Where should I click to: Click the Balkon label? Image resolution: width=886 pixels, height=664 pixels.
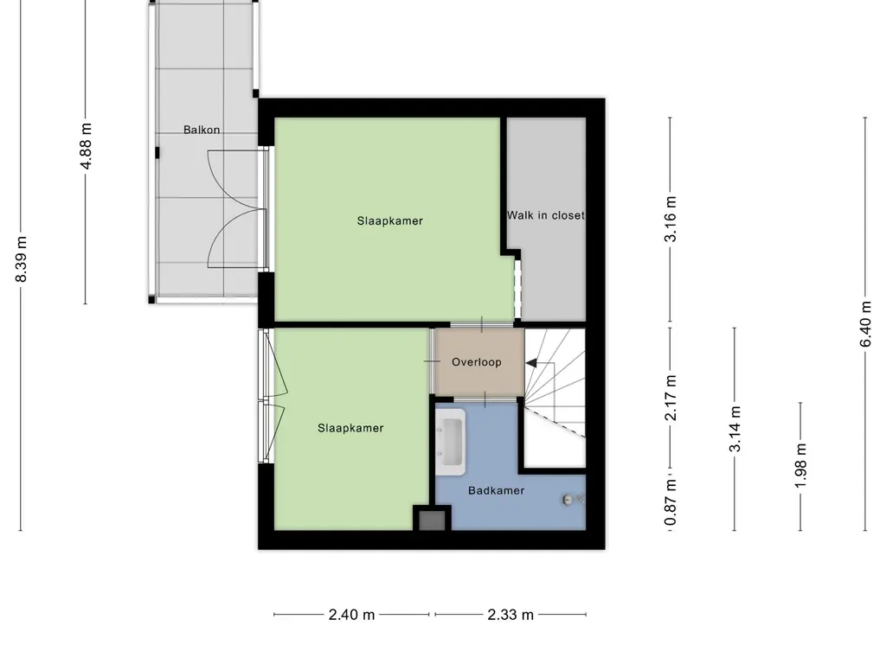pos(202,131)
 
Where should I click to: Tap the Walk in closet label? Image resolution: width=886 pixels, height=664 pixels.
pos(545,215)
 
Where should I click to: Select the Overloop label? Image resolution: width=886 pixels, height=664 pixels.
pos(477,362)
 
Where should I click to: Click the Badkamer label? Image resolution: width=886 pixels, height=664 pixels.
pos(497,491)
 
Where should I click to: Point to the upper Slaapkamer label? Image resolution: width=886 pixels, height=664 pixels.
pos(390,220)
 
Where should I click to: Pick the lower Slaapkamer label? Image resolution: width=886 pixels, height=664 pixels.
pos(350,428)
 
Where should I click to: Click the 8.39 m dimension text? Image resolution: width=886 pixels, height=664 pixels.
pos(22,259)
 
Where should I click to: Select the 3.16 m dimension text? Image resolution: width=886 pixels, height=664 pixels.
pos(671,221)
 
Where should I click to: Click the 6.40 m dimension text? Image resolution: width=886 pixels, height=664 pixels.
pos(865,323)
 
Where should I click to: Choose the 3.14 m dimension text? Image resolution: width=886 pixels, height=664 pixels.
pos(735,430)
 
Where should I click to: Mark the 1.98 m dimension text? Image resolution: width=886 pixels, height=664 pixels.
pos(800,466)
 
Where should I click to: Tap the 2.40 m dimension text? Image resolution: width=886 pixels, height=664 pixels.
pos(352,615)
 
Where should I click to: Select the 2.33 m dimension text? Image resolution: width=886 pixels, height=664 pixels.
pos(510,615)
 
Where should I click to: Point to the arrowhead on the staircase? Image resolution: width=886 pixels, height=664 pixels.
pos(531,363)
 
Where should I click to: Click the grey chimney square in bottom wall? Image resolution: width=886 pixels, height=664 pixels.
pos(431,520)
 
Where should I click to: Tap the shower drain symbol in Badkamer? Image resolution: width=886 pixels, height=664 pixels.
pos(568,499)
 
